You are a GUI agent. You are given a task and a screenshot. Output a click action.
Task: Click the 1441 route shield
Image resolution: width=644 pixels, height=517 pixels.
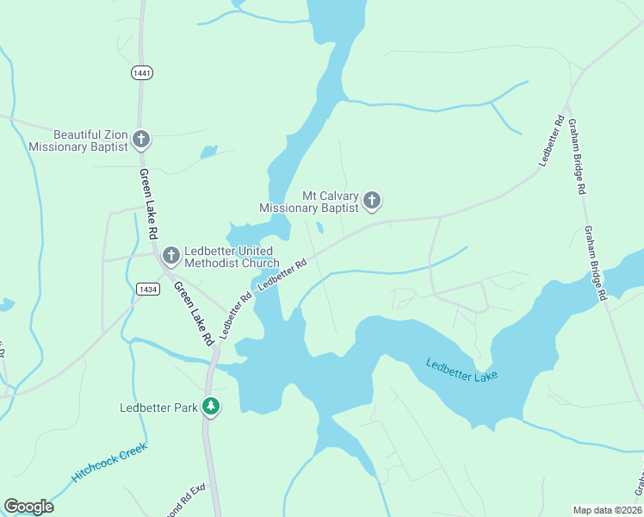(142, 73)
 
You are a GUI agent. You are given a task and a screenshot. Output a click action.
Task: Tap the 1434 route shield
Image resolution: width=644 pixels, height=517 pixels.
(146, 290)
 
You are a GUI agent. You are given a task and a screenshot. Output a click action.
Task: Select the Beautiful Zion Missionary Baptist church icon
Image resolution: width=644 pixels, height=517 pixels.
(141, 140)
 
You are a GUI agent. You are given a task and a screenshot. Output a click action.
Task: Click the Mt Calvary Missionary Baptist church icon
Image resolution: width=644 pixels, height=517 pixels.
(372, 202)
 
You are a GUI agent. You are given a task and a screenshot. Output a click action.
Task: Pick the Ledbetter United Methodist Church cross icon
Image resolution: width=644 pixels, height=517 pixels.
(170, 256)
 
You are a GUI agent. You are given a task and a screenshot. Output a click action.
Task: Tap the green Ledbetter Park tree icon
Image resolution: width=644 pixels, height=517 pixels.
(211, 406)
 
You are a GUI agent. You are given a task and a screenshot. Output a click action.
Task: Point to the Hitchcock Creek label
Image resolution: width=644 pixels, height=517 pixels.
(109, 463)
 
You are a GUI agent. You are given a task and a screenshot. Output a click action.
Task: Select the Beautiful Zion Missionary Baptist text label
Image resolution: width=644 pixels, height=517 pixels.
(78, 140)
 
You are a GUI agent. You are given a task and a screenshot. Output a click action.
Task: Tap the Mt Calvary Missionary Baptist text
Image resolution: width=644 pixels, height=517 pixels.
(309, 202)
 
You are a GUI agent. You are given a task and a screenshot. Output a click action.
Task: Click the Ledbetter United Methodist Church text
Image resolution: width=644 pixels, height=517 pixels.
(232, 257)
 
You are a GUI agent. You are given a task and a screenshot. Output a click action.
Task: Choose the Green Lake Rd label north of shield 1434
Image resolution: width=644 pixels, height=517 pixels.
(149, 203)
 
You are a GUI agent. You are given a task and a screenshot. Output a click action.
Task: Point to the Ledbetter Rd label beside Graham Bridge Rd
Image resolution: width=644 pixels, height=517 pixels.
(551, 140)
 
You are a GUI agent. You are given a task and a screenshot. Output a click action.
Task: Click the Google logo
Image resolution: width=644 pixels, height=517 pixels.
(28, 507)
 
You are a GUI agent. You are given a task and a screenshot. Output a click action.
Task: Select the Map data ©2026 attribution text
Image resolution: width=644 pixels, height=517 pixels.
(607, 509)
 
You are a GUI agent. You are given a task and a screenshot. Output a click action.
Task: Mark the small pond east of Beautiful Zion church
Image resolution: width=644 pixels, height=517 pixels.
(208, 153)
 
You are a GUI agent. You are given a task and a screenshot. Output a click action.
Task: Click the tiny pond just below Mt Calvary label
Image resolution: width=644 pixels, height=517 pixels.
(320, 228)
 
